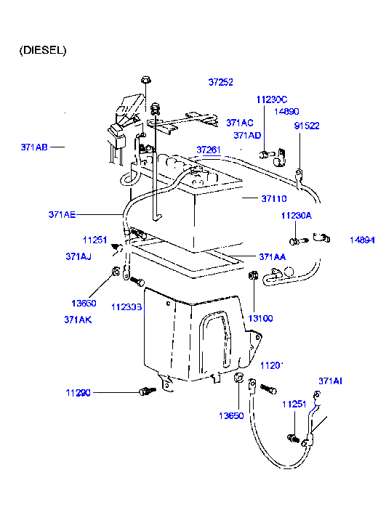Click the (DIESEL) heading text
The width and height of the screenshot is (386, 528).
pyautogui.click(x=43, y=50)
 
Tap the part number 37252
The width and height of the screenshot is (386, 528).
pyautogui.click(x=220, y=82)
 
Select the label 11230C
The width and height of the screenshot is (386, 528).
pyautogui.click(x=272, y=99)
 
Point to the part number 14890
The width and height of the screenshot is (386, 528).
pyautogui.click(x=286, y=112)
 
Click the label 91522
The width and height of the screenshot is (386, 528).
pyautogui.click(x=307, y=125)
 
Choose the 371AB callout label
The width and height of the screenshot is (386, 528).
pyautogui.click(x=34, y=147)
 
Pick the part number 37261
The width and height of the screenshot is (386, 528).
pyautogui.click(x=207, y=149)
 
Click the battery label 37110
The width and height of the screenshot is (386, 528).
pyautogui.click(x=274, y=198)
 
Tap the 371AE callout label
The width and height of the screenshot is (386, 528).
pyautogui.click(x=62, y=214)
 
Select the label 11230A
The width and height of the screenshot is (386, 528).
pyautogui.click(x=296, y=216)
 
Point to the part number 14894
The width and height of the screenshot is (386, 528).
pyautogui.click(x=361, y=239)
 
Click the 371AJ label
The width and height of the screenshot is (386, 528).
pyautogui.click(x=78, y=256)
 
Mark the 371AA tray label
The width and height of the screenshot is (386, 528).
pyautogui.click(x=272, y=256)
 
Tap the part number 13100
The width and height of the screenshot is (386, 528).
pyautogui.click(x=260, y=318)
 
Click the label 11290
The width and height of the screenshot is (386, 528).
pyautogui.click(x=78, y=392)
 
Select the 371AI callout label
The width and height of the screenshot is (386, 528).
pyautogui.click(x=331, y=380)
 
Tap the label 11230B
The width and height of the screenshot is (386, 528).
pyautogui.click(x=126, y=307)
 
